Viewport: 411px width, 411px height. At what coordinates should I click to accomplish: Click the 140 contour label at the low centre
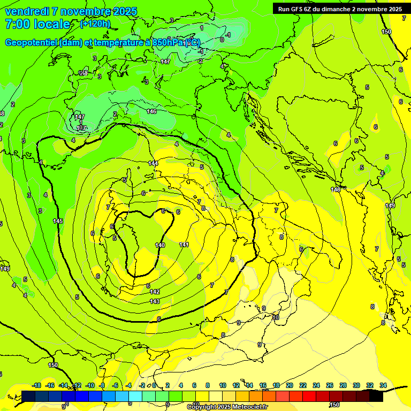pyautogui.click(x=160, y=245)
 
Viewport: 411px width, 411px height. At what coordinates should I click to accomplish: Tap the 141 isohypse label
pyautogui.click(x=184, y=244)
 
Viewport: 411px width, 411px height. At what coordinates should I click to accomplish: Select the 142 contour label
pyautogui.click(x=155, y=292)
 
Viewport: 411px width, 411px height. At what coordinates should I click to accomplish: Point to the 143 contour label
pyautogui.click(x=155, y=301)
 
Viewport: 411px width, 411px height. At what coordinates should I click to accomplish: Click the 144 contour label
pyautogui.click(x=154, y=163)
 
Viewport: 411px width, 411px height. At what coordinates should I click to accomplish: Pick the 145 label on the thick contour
pyautogui.click(x=58, y=221)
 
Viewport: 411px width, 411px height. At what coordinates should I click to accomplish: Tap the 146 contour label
pyautogui.click(x=151, y=111)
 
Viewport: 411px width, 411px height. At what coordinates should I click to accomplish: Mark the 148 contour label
pyautogui.click(x=336, y=189)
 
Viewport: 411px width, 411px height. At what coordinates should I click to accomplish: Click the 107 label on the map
pyautogui.click(x=81, y=128)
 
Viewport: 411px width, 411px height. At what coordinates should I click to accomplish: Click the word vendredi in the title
pyautogui.click(x=27, y=11)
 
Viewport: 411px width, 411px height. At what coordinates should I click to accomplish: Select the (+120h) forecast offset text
pyautogui.click(x=95, y=24)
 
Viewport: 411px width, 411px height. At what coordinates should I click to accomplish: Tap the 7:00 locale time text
pyautogui.click(x=37, y=24)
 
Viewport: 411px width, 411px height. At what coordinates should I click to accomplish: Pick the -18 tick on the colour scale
pyautogui.click(x=36, y=385)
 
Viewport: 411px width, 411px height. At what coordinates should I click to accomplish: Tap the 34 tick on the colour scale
pyautogui.click(x=383, y=385)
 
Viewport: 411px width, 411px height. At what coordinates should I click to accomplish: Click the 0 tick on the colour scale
pyautogui.click(x=154, y=385)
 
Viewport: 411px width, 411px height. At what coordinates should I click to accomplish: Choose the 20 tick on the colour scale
pyautogui.click(x=289, y=385)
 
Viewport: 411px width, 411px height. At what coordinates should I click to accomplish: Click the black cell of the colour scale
pyautogui.click(x=376, y=396)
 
